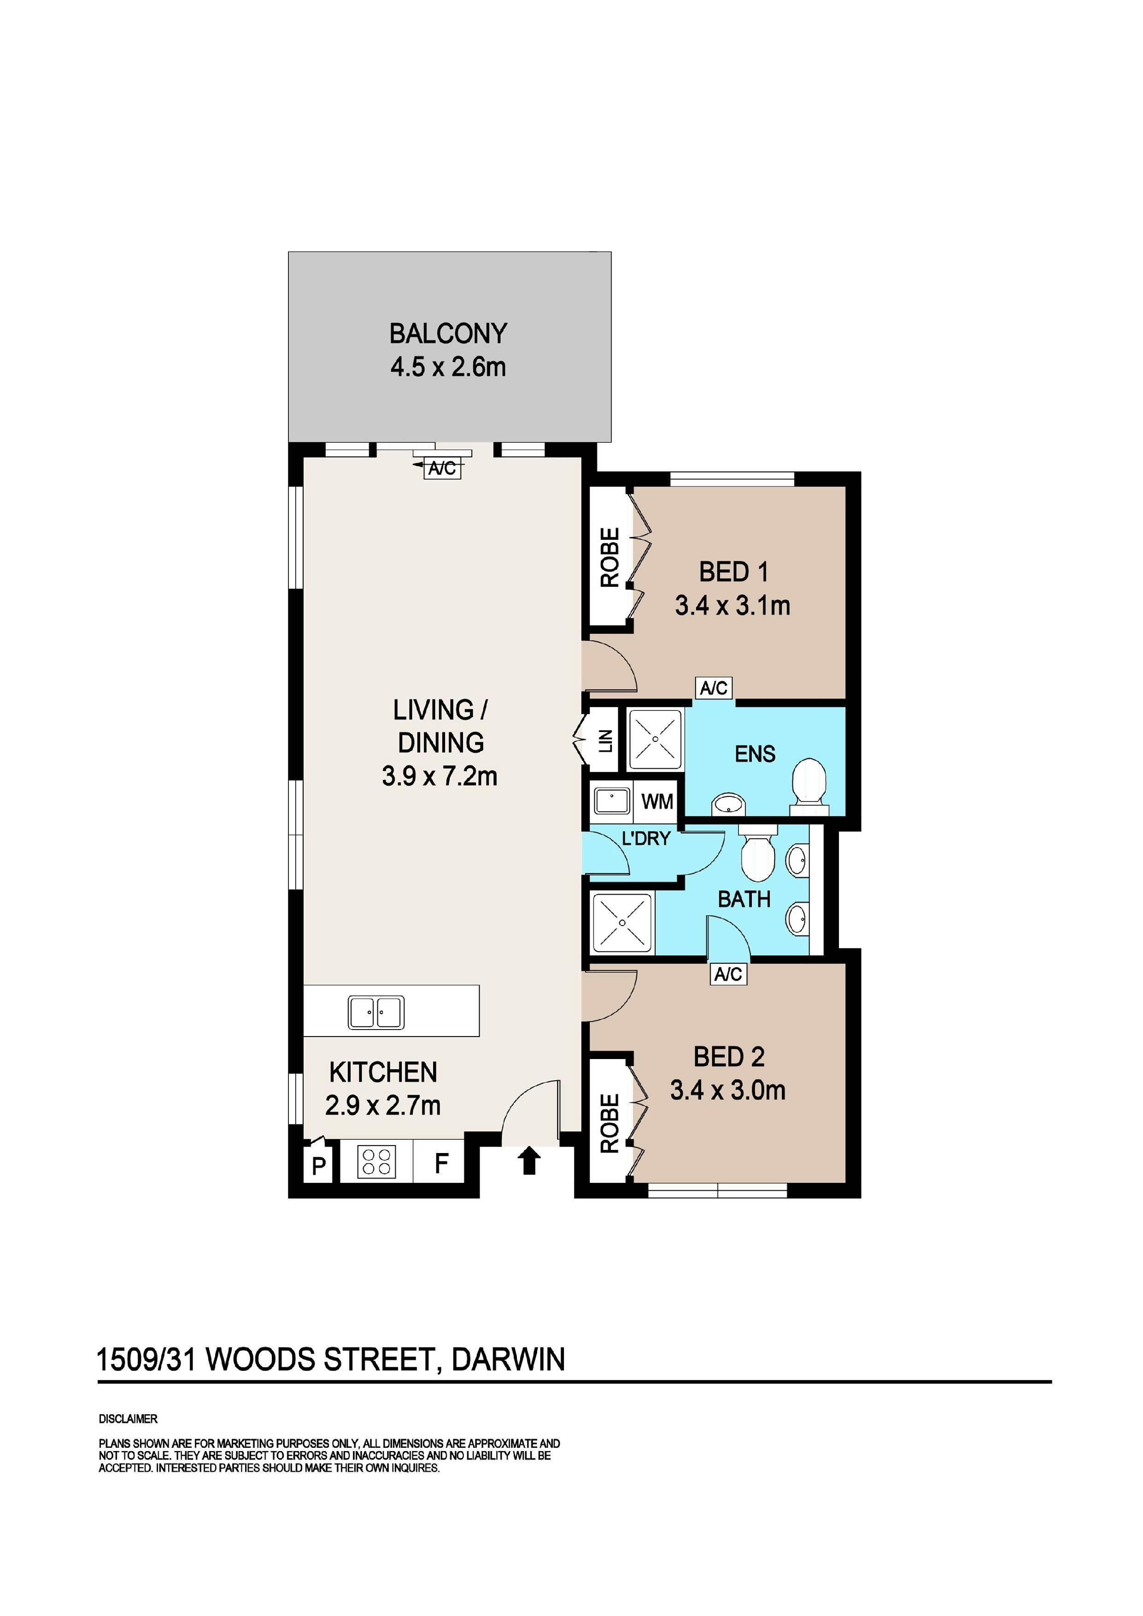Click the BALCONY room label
(448, 333)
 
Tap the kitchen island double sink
(376, 1013)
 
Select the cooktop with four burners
(376, 1161)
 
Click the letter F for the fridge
(441, 1164)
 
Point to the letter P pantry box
(318, 1166)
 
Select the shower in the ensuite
(655, 739)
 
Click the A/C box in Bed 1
(714, 688)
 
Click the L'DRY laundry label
(646, 838)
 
